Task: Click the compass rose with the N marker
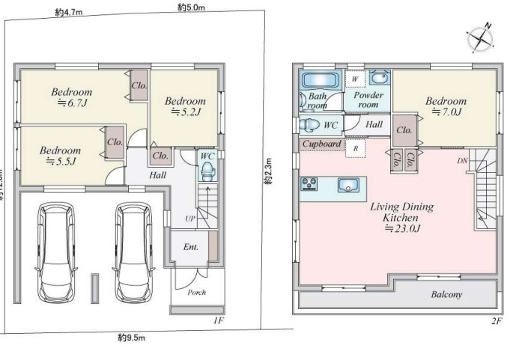(480, 39)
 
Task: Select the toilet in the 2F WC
(309, 125)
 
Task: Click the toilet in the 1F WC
(207, 171)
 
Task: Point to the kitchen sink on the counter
(348, 185)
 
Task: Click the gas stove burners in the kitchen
(309, 184)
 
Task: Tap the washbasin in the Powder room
(379, 78)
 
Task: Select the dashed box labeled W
(355, 79)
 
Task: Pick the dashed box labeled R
(356, 148)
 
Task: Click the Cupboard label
(321, 144)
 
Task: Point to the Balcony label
(446, 294)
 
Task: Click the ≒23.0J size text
(402, 228)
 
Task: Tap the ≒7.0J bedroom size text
(446, 112)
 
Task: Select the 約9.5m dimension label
(131, 337)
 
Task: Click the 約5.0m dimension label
(192, 7)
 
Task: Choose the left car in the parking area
(56, 253)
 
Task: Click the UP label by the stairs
(190, 219)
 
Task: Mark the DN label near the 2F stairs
(462, 161)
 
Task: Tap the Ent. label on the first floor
(191, 247)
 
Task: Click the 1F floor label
(219, 320)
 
